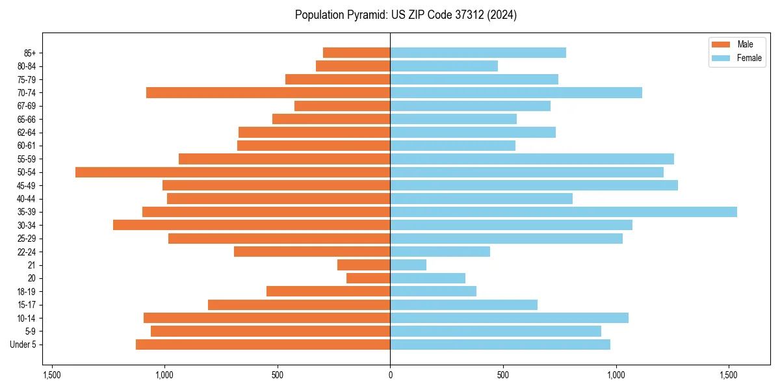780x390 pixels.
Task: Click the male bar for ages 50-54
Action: tap(233, 172)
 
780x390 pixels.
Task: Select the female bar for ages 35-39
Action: tap(564, 212)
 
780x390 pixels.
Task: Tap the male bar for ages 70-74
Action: tap(268, 92)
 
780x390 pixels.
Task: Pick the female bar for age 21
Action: tap(408, 265)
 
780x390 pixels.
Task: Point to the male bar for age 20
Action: tap(369, 278)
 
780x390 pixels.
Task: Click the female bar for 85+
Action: tap(478, 53)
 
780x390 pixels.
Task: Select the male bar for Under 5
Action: tap(263, 344)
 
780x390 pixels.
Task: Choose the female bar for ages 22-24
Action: tap(440, 252)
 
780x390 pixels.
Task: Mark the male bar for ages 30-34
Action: tap(252, 225)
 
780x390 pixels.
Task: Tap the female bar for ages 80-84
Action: tap(444, 66)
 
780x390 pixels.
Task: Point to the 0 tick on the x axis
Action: tap(390, 375)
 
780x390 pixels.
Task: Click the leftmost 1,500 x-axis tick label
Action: tap(51, 375)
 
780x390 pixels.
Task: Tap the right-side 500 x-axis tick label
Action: tap(502, 375)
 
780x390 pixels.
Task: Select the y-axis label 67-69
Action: tap(27, 106)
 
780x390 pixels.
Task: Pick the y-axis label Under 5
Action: tap(23, 344)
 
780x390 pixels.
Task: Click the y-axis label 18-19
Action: tap(27, 292)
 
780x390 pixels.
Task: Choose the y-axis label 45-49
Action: tap(27, 185)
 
